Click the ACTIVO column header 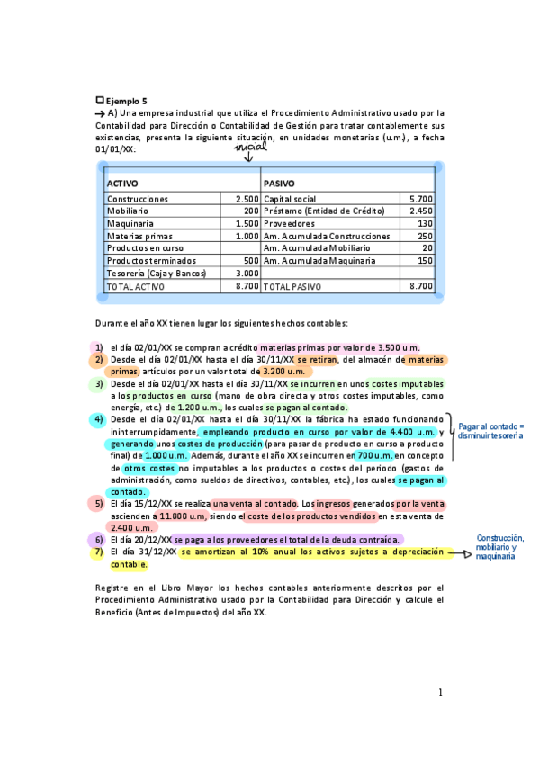coord(122,184)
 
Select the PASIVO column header coord(279,184)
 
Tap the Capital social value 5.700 coord(421,198)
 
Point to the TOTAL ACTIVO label coord(134,286)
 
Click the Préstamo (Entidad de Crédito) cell coord(324,211)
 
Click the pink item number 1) coord(98,347)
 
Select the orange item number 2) coord(98,360)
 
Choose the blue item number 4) coord(98,419)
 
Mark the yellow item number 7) coord(98,552)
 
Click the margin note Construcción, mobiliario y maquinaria coord(500,547)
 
